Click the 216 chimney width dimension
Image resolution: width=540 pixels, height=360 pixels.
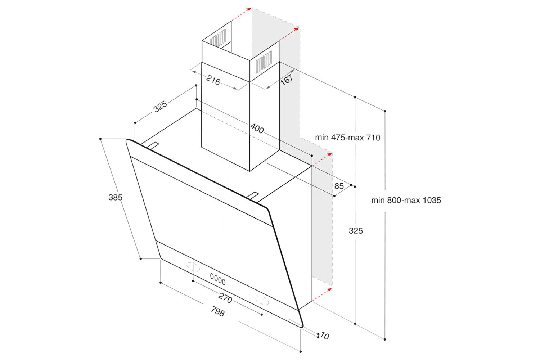pyautogui.click(x=213, y=80)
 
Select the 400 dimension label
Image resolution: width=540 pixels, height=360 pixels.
pyautogui.click(x=257, y=128)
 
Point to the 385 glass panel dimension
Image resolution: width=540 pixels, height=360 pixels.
pyautogui.click(x=115, y=197)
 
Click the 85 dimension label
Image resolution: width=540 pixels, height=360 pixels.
pyautogui.click(x=339, y=186)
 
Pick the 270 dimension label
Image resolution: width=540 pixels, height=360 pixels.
pyautogui.click(x=225, y=298)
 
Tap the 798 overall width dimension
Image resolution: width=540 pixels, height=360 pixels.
pyautogui.click(x=217, y=311)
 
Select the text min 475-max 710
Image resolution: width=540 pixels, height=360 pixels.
pyautogui.click(x=347, y=138)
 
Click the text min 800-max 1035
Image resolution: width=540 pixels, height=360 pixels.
pyautogui.click(x=406, y=200)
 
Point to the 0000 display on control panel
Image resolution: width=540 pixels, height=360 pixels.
pyautogui.click(x=218, y=279)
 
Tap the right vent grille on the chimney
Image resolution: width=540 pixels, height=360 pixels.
pyautogui.click(x=264, y=61)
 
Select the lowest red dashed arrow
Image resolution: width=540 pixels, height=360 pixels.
pyautogui.click(x=322, y=294)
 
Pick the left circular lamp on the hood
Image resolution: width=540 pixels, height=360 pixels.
pyautogui.click(x=193, y=267)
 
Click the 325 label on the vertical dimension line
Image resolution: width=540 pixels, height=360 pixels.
pyautogui.click(x=356, y=231)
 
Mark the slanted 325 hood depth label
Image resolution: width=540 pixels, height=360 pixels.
pyautogui.click(x=160, y=106)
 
